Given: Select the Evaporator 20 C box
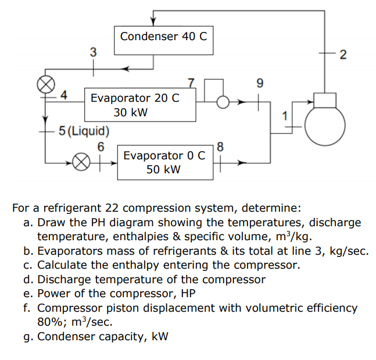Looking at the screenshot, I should [140, 105].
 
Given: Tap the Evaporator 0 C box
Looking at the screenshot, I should [164, 162].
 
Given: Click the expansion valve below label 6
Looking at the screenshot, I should [83, 162].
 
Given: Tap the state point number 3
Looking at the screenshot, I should [92, 52].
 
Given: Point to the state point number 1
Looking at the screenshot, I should [284, 115].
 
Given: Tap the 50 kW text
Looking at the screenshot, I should [163, 169].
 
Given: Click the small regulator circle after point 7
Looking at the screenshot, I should [221, 102].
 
